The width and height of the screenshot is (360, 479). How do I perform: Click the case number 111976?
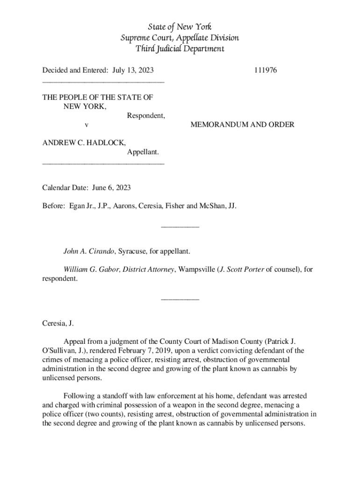click(266, 71)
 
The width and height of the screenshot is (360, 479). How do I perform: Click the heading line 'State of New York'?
click(180, 27)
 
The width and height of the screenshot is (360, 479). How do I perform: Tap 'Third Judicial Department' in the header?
click(180, 49)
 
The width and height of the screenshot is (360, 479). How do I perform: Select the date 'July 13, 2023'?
click(133, 71)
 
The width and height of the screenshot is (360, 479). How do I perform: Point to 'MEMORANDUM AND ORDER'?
click(242, 124)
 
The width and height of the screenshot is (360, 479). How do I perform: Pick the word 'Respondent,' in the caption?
click(145, 116)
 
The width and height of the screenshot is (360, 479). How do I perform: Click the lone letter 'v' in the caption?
click(86, 124)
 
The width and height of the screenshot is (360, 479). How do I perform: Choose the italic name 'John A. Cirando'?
click(89, 251)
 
